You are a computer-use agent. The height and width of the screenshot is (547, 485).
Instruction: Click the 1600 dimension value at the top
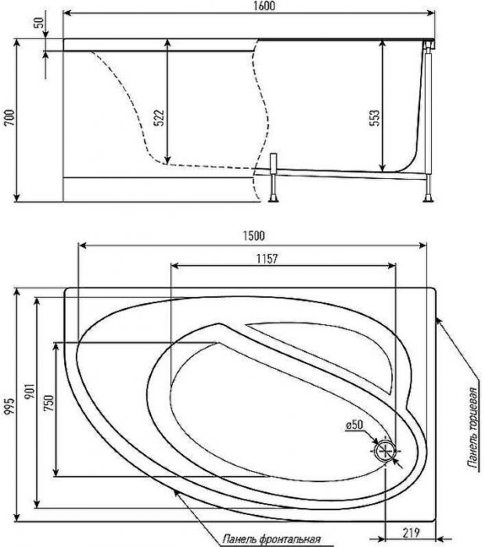263,6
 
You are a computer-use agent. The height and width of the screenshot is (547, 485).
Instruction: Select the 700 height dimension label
9,117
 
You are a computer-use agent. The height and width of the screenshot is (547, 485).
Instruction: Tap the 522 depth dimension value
159,118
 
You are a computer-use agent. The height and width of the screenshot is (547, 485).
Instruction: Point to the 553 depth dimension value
374,118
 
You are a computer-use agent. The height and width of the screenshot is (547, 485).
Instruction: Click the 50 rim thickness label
40,23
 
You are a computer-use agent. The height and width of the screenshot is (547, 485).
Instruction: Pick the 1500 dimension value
254,236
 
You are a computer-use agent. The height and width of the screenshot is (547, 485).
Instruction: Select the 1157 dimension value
267,259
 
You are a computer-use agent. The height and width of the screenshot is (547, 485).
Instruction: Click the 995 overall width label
9,406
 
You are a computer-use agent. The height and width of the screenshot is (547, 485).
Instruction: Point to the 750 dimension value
48,403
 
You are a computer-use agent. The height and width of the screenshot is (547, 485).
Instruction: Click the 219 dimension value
411,533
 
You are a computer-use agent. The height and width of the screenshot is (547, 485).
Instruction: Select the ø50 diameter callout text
354,424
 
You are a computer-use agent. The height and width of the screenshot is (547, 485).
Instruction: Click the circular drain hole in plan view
385,451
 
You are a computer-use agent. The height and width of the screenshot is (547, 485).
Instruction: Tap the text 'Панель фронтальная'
271,539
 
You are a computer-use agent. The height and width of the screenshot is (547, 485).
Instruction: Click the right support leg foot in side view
429,199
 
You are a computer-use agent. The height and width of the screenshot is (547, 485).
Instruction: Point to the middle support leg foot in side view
274,199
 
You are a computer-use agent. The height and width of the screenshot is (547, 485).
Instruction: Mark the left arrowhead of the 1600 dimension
67,13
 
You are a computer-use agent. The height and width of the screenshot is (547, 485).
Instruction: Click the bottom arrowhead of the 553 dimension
383,168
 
